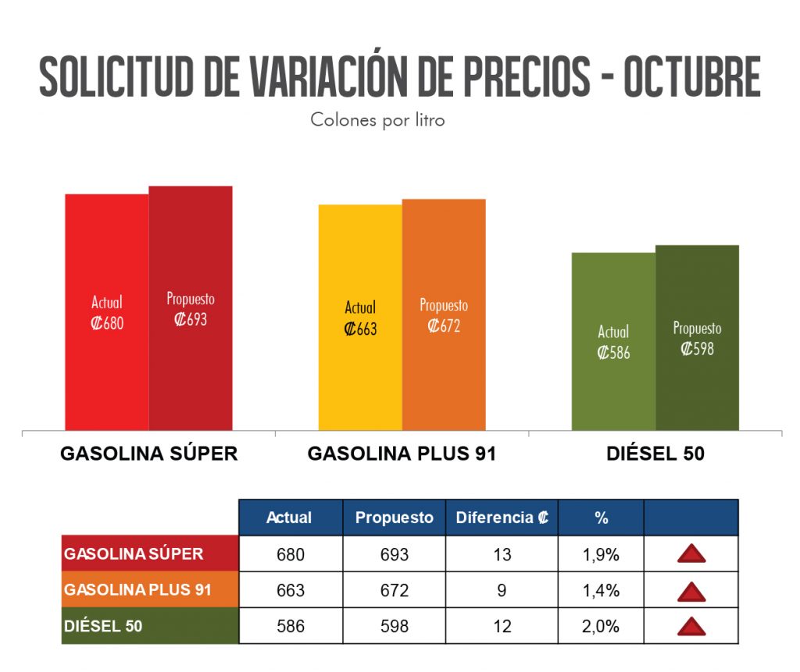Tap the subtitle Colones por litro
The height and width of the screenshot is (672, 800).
(377, 120)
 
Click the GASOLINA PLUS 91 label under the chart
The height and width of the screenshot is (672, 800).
(402, 453)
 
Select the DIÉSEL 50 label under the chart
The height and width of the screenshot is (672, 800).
(655, 453)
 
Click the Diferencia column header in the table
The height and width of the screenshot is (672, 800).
(502, 517)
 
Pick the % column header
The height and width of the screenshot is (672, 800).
(601, 517)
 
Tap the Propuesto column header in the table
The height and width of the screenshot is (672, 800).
(394, 517)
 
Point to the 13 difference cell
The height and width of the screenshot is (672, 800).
(502, 554)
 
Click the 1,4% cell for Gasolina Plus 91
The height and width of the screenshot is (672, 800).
(601, 590)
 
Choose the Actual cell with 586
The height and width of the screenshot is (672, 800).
(291, 626)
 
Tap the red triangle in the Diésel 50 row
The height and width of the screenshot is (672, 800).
(691, 626)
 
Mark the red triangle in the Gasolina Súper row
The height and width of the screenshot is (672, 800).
(691, 554)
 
